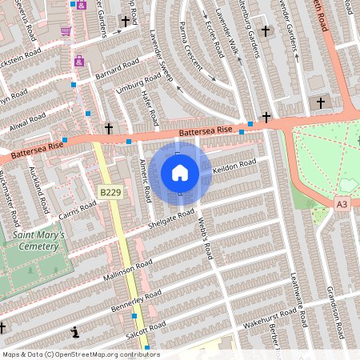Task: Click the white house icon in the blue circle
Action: pyautogui.click(x=180, y=172)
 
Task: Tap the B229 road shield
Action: pyautogui.click(x=110, y=193)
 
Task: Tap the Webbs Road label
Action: pyautogui.click(x=206, y=241)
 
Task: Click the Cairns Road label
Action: pyautogui.click(x=77, y=210)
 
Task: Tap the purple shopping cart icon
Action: pyautogui.click(x=66, y=32)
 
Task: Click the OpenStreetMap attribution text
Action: pyautogui.click(x=81, y=354)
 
